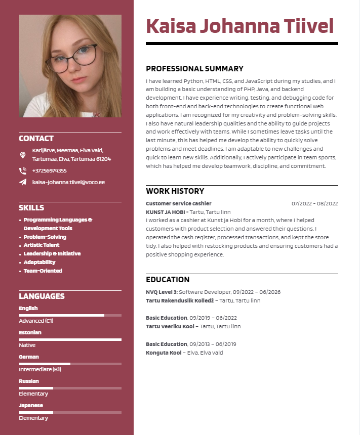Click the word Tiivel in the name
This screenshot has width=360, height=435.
pos(308,26)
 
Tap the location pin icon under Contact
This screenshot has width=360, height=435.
pos(23,155)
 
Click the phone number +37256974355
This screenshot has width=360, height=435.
pos(50,170)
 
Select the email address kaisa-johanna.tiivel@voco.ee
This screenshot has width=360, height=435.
pos(68,182)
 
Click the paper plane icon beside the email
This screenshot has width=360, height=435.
pos(23,182)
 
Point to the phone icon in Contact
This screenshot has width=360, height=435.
pos(23,171)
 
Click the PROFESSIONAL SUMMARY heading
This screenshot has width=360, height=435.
pos(194,69)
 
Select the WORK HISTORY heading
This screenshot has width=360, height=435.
pos(175,191)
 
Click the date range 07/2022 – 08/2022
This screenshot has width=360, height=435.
pos(314,203)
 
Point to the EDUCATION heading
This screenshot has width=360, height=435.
pos(168,280)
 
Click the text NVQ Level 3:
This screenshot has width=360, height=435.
pos(162,292)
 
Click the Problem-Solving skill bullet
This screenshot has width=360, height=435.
pos(45,237)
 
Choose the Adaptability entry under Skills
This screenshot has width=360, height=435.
pos(39,262)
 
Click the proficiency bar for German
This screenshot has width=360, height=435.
pos(70,364)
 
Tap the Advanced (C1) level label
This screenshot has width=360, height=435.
pos(36,321)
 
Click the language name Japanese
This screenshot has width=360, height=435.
pos(31,405)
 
